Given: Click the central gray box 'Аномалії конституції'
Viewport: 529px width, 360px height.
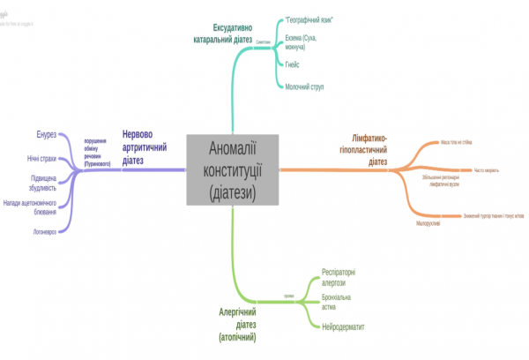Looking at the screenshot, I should coord(233,169).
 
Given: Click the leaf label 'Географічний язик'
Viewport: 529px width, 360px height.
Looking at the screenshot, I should coord(307,19).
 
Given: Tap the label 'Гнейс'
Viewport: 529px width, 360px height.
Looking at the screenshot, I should coord(294,65).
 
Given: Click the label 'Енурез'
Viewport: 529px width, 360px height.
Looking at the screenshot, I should coord(47,134).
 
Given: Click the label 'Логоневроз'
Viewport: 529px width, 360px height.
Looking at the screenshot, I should coord(42,231).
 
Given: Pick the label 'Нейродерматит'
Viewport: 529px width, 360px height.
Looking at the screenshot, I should coord(343,326).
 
